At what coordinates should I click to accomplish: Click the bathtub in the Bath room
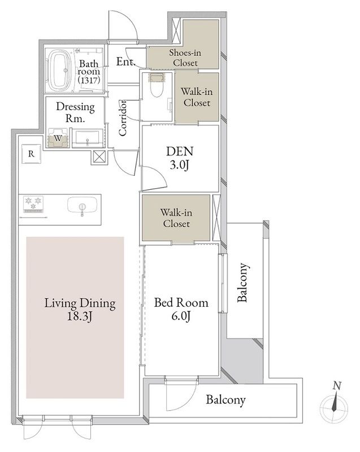click(60, 71)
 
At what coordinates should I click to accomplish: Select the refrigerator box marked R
click(31, 154)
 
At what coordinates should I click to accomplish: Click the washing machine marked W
click(58, 138)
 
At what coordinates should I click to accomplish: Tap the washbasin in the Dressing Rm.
click(87, 138)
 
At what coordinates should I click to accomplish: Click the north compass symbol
click(335, 403)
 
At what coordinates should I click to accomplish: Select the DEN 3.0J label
click(180, 158)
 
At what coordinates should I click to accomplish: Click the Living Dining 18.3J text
click(80, 310)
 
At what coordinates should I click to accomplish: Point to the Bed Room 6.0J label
click(181, 309)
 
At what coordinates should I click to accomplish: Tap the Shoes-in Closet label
click(185, 58)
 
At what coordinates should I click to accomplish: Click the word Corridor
click(123, 118)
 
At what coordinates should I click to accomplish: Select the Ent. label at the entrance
click(125, 61)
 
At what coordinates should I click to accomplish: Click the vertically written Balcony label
click(242, 282)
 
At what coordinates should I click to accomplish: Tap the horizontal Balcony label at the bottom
click(225, 399)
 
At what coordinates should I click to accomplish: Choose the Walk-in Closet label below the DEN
click(176, 218)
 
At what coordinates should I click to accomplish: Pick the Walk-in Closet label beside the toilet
click(197, 97)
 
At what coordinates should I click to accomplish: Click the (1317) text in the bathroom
click(89, 80)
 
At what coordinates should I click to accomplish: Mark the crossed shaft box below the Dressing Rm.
click(99, 157)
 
